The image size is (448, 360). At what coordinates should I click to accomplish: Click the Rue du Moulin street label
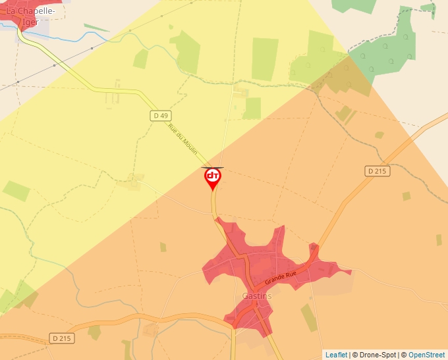coord(183,139)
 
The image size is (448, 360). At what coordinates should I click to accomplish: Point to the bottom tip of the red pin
coord(213,191)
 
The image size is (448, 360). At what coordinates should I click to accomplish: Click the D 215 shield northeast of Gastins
coord(377,171)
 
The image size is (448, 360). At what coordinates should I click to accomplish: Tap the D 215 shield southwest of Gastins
coord(63,338)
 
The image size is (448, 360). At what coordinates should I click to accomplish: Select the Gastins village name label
coord(257,296)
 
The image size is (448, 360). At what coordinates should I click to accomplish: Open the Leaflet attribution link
coord(336,355)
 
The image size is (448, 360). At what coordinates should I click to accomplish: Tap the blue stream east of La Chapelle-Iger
coord(72,38)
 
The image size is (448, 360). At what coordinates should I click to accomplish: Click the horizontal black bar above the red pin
coord(212,168)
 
